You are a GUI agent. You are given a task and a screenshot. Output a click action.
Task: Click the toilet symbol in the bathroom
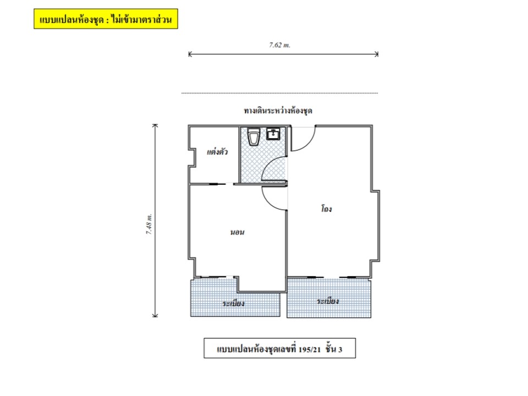[x=253, y=136]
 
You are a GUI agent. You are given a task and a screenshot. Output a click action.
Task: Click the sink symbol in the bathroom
[x=273, y=133]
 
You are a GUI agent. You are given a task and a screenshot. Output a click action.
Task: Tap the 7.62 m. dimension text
[x=279, y=45]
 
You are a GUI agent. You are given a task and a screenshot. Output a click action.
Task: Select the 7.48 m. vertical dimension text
[x=149, y=224]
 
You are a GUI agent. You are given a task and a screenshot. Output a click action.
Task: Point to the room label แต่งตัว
[x=217, y=152]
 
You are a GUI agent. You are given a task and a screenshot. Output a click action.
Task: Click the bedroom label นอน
[x=237, y=232]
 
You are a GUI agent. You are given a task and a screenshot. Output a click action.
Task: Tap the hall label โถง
[x=326, y=209]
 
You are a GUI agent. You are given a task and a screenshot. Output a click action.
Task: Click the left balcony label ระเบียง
[x=233, y=304]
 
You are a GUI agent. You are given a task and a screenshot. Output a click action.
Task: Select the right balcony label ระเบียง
[x=328, y=301]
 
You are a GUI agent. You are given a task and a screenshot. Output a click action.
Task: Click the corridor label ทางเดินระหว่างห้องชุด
[x=278, y=111]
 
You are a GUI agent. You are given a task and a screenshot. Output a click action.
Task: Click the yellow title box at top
[x=106, y=19]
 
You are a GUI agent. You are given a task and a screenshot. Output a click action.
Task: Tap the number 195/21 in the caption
[x=310, y=349]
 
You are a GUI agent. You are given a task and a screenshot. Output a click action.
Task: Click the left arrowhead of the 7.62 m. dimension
[x=189, y=54]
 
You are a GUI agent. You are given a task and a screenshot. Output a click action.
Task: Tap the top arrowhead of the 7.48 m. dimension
[x=155, y=125]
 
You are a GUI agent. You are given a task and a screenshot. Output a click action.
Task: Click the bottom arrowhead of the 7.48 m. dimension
[x=155, y=316]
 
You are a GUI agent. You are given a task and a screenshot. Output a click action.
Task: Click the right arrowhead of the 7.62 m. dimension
[x=377, y=54]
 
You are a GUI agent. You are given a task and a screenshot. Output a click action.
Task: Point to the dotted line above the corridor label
[x=279, y=93]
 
